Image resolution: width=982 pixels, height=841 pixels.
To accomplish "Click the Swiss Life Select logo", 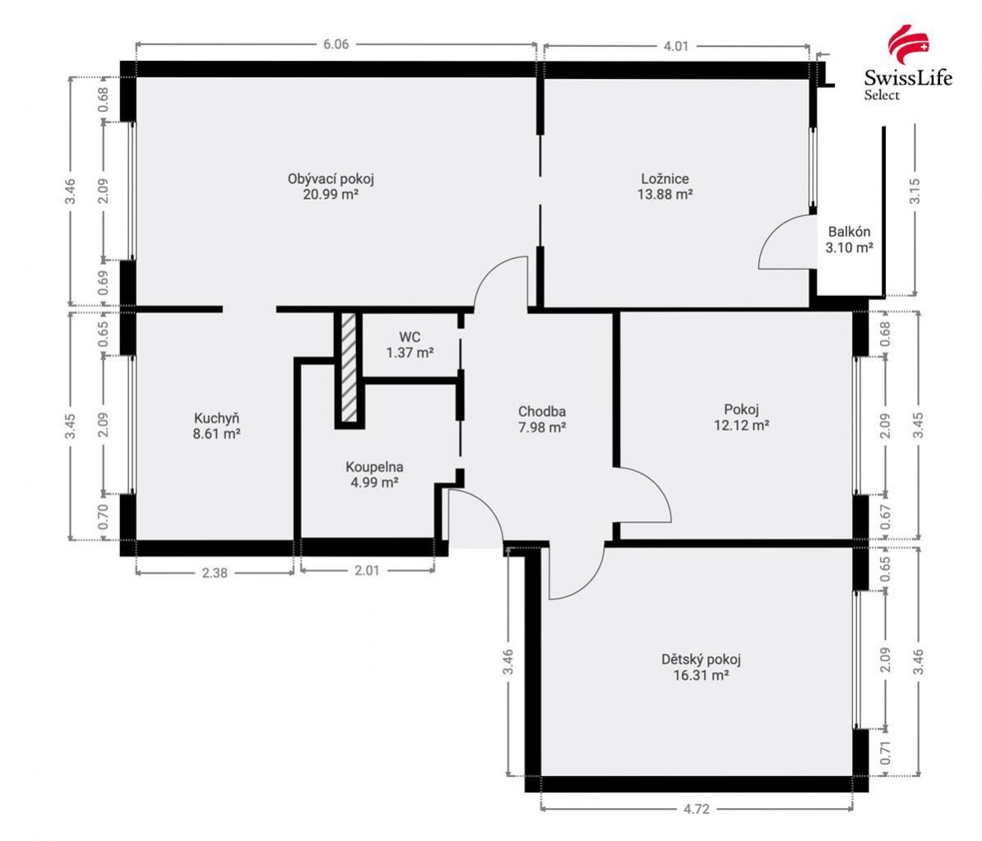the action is click(x=908, y=63).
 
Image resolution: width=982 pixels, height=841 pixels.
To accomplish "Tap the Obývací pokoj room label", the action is click(x=331, y=178).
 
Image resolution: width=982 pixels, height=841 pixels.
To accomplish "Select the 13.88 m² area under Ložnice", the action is click(x=665, y=194).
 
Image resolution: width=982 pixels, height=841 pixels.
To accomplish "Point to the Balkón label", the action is click(x=849, y=232).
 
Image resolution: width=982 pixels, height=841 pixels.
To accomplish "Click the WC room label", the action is click(x=410, y=337).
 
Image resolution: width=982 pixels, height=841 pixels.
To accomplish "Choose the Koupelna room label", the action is click(x=374, y=466).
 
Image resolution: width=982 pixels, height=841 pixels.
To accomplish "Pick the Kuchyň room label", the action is click(x=216, y=418).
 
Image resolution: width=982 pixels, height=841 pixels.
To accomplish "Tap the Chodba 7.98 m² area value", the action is click(x=542, y=427).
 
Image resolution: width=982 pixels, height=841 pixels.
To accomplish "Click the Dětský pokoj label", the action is click(x=701, y=659).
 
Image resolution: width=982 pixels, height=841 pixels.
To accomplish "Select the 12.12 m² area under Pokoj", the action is click(x=742, y=425).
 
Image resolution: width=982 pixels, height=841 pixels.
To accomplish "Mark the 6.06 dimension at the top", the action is click(x=336, y=44).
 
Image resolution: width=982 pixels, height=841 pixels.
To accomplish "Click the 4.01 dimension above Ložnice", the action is click(x=676, y=46).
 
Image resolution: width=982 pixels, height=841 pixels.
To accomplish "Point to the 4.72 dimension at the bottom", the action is click(x=697, y=808).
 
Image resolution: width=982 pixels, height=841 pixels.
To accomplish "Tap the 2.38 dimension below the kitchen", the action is click(x=214, y=572).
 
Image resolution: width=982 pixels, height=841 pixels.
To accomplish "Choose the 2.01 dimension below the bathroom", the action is click(x=367, y=570).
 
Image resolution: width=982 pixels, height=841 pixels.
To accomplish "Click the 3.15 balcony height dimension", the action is click(x=915, y=191).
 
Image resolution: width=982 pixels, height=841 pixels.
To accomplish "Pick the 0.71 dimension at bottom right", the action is click(x=885, y=752).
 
